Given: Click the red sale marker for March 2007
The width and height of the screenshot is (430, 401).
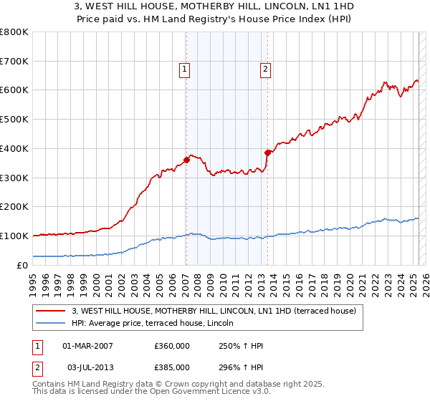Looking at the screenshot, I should tap(186, 160).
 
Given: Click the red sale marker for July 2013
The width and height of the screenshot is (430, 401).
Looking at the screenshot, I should tap(267, 153).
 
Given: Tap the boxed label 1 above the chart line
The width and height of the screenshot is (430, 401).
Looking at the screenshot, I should tap(185, 69).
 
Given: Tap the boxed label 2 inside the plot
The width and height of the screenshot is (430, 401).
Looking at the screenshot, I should tap(265, 69).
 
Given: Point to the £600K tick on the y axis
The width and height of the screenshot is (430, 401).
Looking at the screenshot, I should tap(14, 90).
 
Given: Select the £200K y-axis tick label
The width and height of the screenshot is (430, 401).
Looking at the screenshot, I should tap(14, 207).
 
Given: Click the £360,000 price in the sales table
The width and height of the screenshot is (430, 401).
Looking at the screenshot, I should tap(171, 346).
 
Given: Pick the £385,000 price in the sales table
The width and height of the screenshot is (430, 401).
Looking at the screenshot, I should tap(171, 367).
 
